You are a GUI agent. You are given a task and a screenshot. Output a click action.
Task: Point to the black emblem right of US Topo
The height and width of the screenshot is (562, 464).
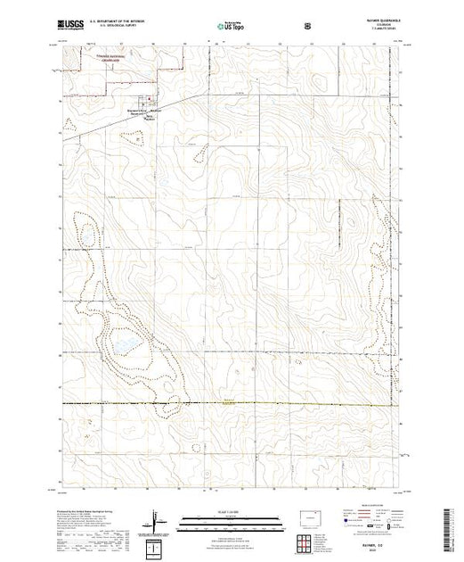(x=308, y=26)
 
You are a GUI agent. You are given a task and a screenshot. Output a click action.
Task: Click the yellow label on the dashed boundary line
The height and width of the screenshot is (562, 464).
(x=231, y=401)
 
